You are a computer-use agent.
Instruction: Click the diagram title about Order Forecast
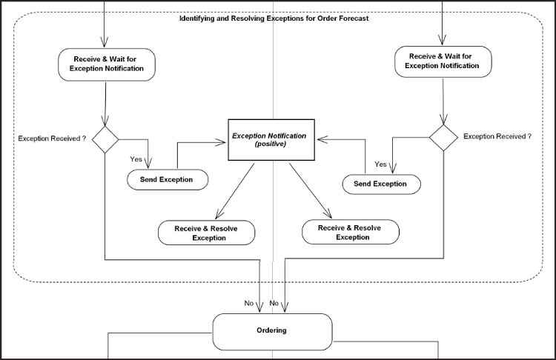pyautogui.click(x=274, y=18)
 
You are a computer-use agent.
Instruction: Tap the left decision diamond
pyautogui.click(x=105, y=139)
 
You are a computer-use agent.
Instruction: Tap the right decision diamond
pyautogui.click(x=443, y=137)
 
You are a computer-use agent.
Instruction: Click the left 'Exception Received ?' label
pyautogui.click(x=52, y=138)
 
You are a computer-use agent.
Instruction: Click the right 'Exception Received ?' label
pyautogui.click(x=497, y=136)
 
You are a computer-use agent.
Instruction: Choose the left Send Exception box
pyautogui.click(x=166, y=179)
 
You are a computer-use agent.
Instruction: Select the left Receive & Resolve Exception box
pyautogui.click(x=206, y=233)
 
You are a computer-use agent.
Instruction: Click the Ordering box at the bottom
pyautogui.click(x=271, y=330)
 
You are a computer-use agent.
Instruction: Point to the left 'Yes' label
pyautogui.click(x=136, y=159)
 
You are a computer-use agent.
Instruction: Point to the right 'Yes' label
pyautogui.click(x=381, y=164)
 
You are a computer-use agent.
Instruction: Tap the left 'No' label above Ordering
pyautogui.click(x=249, y=303)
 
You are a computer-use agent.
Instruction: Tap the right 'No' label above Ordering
pyautogui.click(x=274, y=303)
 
